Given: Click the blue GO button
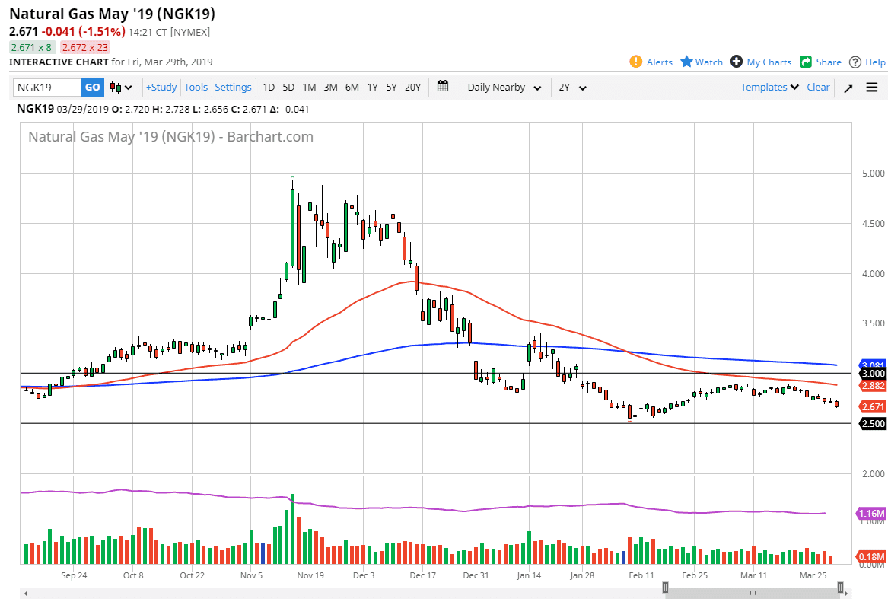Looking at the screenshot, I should pyautogui.click(x=92, y=88).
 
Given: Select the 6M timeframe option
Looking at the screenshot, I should pyautogui.click(x=352, y=88).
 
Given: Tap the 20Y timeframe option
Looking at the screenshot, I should pyautogui.click(x=412, y=88).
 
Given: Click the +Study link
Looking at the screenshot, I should pyautogui.click(x=161, y=88).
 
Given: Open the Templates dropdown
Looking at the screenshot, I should pyautogui.click(x=769, y=88).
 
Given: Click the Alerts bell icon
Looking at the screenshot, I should pyautogui.click(x=636, y=62).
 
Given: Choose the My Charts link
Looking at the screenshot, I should pyautogui.click(x=769, y=62).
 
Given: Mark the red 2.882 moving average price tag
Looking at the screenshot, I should pyautogui.click(x=873, y=386).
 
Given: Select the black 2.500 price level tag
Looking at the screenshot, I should pyautogui.click(x=873, y=424).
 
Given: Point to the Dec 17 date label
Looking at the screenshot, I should pyautogui.click(x=422, y=576).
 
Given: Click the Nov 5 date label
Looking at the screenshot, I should pyautogui.click(x=251, y=576).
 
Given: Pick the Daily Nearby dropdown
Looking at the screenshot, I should pyautogui.click(x=504, y=88).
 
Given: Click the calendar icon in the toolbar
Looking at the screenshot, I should pyautogui.click(x=444, y=87).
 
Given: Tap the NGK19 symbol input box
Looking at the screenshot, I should pyautogui.click(x=47, y=88).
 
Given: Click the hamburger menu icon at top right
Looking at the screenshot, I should pyautogui.click(x=872, y=88).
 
